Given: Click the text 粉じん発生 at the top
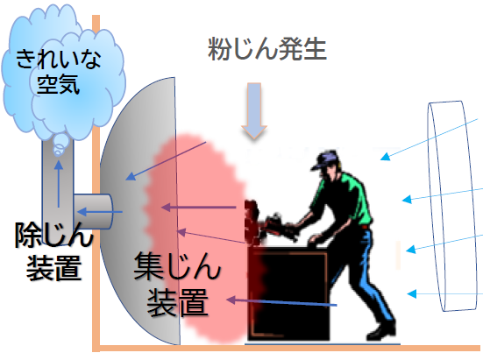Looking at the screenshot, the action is [266, 49].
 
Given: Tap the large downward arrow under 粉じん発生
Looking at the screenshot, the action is [254, 110].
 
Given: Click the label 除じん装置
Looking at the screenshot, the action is [53, 251].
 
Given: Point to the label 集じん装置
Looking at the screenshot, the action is [177, 284].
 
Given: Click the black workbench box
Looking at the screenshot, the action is [289, 293].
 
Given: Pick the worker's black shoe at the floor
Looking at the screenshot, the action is [381, 331].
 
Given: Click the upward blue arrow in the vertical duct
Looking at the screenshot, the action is [59, 184].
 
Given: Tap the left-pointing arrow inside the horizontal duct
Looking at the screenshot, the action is [100, 212].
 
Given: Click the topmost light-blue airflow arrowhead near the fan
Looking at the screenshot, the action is [386, 156].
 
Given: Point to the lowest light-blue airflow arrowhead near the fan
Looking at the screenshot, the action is [412, 293].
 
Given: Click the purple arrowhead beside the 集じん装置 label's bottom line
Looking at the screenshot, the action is [231, 300].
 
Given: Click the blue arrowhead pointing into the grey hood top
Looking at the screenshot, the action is [131, 176].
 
